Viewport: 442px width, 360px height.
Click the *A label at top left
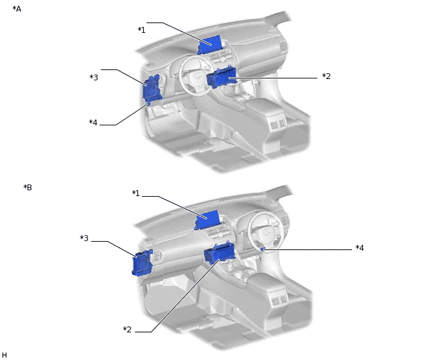pos(17,9)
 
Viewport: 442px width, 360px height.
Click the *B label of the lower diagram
pos(28,188)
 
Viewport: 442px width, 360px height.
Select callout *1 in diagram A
pos(141,30)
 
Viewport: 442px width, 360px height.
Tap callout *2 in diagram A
pos(326,76)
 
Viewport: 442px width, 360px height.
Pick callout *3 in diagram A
pos(94,78)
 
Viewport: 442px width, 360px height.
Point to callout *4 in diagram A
pos(93,123)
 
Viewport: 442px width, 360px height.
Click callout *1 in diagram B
pos(136,194)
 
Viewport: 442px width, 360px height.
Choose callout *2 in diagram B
pos(127,330)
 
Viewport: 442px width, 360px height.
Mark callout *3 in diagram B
pos(84,239)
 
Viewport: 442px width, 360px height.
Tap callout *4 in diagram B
pos(360,248)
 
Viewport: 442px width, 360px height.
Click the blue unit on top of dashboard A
pos(209,44)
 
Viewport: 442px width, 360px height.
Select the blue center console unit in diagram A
pos(222,78)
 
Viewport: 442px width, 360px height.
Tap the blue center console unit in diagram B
pos(218,254)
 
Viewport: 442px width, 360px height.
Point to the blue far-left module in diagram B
pos(142,263)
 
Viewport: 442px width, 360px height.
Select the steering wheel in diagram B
pos(263,228)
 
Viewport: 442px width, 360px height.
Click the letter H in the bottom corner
pos(4,355)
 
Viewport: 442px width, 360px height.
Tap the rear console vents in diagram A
pos(278,123)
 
